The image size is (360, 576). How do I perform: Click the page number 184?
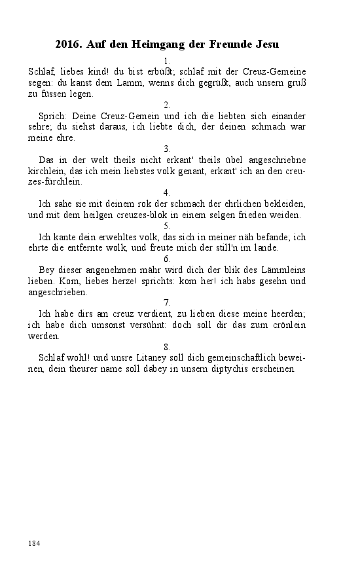point(35,543)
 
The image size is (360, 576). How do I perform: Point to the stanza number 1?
point(167,61)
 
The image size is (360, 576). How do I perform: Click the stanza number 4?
point(167,192)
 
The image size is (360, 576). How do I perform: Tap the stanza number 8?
point(167,346)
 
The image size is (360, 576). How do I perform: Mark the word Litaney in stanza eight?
point(152,358)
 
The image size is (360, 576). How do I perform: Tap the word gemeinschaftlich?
point(236,358)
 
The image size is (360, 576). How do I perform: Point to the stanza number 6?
point(167,259)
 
